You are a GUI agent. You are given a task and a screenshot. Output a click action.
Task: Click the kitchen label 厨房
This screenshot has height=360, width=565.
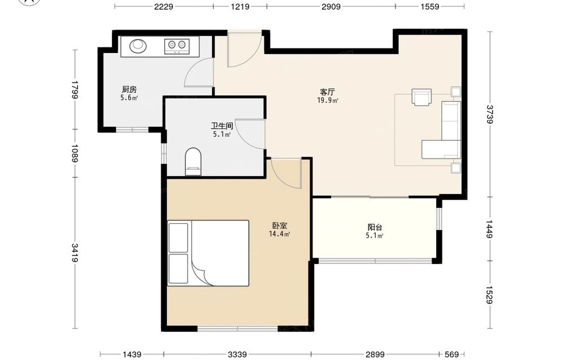pyautogui.click(x=129, y=89)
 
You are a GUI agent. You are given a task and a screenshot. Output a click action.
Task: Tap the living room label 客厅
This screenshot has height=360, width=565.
pyautogui.click(x=328, y=92)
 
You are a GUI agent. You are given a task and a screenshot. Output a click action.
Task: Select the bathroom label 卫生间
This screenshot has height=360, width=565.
pyautogui.click(x=222, y=126)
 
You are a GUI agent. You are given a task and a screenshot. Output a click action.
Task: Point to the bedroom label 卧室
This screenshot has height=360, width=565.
pyautogui.click(x=280, y=225)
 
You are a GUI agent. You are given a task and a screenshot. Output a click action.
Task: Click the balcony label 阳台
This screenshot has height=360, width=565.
pyautogui.click(x=375, y=227)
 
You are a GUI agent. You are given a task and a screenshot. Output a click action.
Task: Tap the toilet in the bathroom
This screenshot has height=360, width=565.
pyautogui.click(x=193, y=161)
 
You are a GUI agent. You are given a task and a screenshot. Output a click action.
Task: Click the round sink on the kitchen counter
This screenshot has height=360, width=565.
pyautogui.click(x=138, y=45)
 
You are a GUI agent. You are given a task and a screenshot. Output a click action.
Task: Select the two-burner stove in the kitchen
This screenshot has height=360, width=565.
pyautogui.click(x=177, y=45)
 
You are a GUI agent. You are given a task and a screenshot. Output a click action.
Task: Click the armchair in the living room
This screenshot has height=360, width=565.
pyautogui.click(x=421, y=97)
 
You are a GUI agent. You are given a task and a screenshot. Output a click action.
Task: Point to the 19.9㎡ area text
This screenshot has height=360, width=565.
pyautogui.click(x=328, y=101)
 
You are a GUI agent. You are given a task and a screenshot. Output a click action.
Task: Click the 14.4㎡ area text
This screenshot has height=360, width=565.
pyautogui.click(x=280, y=234)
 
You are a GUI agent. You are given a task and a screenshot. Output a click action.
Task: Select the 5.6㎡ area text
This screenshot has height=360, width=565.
pyautogui.click(x=129, y=98)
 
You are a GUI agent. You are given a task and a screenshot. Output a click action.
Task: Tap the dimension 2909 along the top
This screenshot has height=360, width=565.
pyautogui.click(x=331, y=6)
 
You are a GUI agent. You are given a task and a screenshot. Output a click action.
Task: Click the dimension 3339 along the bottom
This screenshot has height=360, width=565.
pyautogui.click(x=237, y=354)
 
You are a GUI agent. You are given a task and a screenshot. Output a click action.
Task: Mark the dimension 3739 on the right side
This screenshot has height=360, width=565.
pyautogui.click(x=489, y=114)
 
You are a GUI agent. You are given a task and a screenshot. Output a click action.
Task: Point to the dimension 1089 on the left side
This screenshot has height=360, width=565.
pyautogui.click(x=75, y=153)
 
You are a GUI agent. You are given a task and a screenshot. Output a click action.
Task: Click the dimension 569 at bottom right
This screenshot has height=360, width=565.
pyautogui.click(x=451, y=354)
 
